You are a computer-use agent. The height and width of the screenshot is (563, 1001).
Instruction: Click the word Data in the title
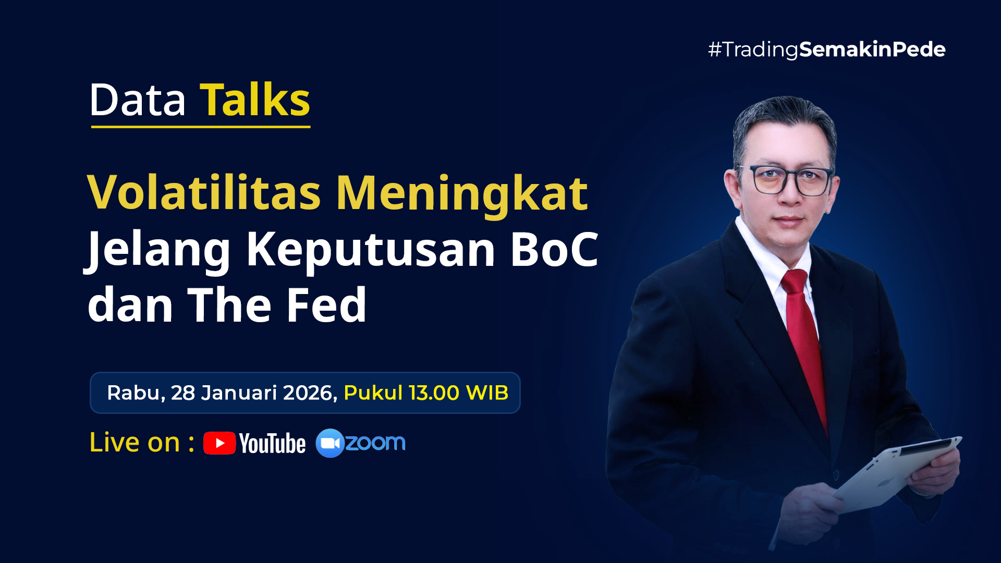(138, 100)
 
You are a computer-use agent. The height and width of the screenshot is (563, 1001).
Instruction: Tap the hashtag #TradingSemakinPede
(826, 50)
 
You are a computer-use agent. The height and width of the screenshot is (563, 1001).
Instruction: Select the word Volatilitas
(204, 192)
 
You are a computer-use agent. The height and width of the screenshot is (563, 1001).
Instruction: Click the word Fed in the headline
(326, 304)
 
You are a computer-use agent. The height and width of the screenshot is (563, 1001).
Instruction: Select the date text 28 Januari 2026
(254, 393)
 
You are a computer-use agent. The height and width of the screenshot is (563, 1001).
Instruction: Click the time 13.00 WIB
(458, 393)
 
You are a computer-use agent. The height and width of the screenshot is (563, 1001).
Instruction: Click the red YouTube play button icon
(219, 443)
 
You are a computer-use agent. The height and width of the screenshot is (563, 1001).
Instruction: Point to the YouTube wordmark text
(272, 444)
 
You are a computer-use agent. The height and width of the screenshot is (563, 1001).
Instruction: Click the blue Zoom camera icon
(330, 443)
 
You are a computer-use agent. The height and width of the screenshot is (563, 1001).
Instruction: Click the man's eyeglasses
(787, 180)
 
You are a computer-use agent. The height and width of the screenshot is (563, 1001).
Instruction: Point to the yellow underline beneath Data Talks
(201, 126)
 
